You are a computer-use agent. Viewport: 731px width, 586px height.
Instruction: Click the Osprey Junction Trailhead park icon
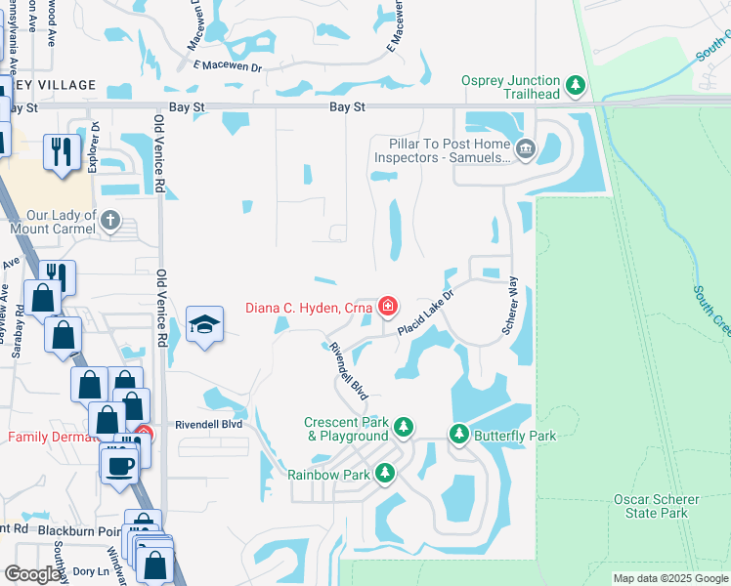click(x=576, y=86)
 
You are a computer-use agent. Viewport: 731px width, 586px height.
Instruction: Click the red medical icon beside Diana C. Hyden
click(x=387, y=308)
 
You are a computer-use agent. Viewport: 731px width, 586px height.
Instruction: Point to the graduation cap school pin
click(x=203, y=325)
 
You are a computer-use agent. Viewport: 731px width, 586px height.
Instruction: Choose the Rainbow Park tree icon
click(x=385, y=474)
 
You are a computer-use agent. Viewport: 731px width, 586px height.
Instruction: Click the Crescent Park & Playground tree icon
click(x=404, y=429)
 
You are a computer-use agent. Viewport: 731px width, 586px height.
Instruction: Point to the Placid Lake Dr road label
click(x=426, y=314)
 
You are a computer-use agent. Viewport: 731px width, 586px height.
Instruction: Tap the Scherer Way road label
click(x=509, y=307)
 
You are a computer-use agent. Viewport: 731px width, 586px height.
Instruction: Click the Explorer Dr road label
click(x=95, y=147)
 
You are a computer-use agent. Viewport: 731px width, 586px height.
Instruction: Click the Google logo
click(x=32, y=574)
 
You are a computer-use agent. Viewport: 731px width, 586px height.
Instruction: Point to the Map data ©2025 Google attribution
click(x=670, y=578)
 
